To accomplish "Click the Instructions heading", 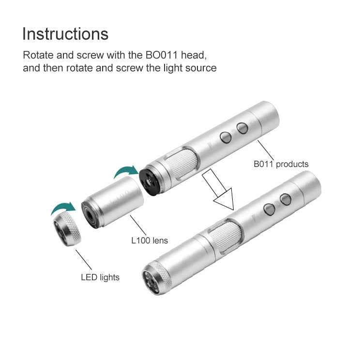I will [65, 34].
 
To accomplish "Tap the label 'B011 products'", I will [281, 164].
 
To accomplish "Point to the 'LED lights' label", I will [100, 277].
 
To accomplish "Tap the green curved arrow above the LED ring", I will [63, 208].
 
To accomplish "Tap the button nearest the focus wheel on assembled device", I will [269, 209].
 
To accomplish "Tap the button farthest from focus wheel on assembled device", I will [285, 199].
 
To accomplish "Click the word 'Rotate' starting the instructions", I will [38, 55].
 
